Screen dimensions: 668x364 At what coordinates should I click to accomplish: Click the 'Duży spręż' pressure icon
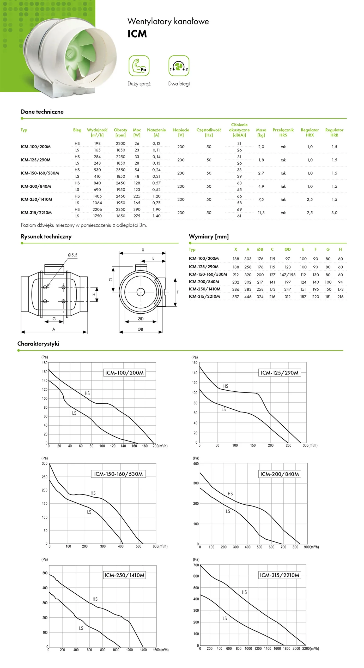click(x=139, y=65)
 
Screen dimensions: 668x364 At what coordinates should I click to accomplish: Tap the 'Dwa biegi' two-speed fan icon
click(x=179, y=65)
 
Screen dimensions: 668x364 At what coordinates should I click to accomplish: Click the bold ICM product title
click(x=137, y=34)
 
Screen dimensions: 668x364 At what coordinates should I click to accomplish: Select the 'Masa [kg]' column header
click(x=261, y=132)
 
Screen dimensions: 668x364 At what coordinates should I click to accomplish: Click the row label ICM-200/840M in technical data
click(x=36, y=186)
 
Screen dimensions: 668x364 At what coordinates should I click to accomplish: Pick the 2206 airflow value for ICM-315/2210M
click(x=97, y=209)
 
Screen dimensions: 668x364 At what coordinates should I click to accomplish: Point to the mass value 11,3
click(x=261, y=213)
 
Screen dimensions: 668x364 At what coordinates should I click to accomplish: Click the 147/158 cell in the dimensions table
click(x=288, y=275)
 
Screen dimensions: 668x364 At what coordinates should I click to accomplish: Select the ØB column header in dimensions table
click(x=260, y=249)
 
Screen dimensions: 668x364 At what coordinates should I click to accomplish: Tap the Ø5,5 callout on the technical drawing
click(x=72, y=255)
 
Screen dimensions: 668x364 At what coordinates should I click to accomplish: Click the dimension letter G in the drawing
click(x=54, y=319)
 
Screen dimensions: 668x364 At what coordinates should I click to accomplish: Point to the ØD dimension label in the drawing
click(x=140, y=319)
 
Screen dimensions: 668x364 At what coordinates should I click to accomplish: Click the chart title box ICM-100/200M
click(x=124, y=373)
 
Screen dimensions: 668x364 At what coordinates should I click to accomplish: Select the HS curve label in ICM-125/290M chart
click(x=226, y=386)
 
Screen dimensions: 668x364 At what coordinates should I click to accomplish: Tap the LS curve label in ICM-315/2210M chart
click(x=225, y=618)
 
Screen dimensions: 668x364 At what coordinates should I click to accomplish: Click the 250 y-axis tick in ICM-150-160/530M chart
click(x=45, y=477)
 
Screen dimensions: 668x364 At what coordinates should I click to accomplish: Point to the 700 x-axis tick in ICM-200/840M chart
click(x=283, y=547)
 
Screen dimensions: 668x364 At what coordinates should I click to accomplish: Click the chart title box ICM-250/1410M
click(x=124, y=575)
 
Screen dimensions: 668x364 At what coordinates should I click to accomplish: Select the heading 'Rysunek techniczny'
click(x=46, y=236)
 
